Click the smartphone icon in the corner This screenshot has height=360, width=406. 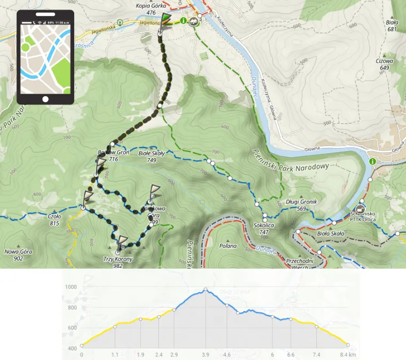pyautogui.click(x=45, y=57)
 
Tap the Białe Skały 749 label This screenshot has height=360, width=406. pyautogui.click(x=147, y=156)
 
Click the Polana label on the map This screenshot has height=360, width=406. pyautogui.click(x=228, y=246)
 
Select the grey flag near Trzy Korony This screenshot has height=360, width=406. pyautogui.click(x=123, y=241)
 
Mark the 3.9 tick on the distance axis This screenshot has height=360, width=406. pyautogui.click(x=205, y=354)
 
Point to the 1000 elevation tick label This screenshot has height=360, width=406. pyautogui.click(x=70, y=287)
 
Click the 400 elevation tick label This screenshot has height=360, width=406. pyautogui.click(x=70, y=348)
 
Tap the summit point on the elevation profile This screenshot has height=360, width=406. pyautogui.click(x=205, y=290)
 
